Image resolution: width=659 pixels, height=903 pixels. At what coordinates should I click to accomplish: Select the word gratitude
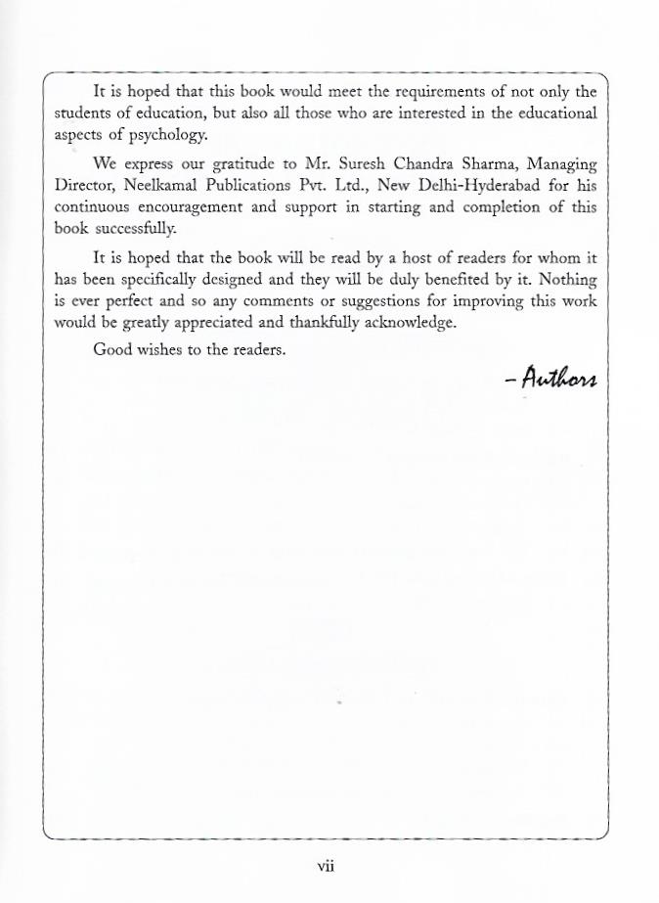tap(235, 163)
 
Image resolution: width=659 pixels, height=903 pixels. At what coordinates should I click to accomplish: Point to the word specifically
tap(176, 279)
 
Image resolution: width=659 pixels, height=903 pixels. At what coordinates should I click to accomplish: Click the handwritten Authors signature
tap(550, 377)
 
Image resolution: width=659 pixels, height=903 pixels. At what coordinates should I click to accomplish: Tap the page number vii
tap(327, 865)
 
